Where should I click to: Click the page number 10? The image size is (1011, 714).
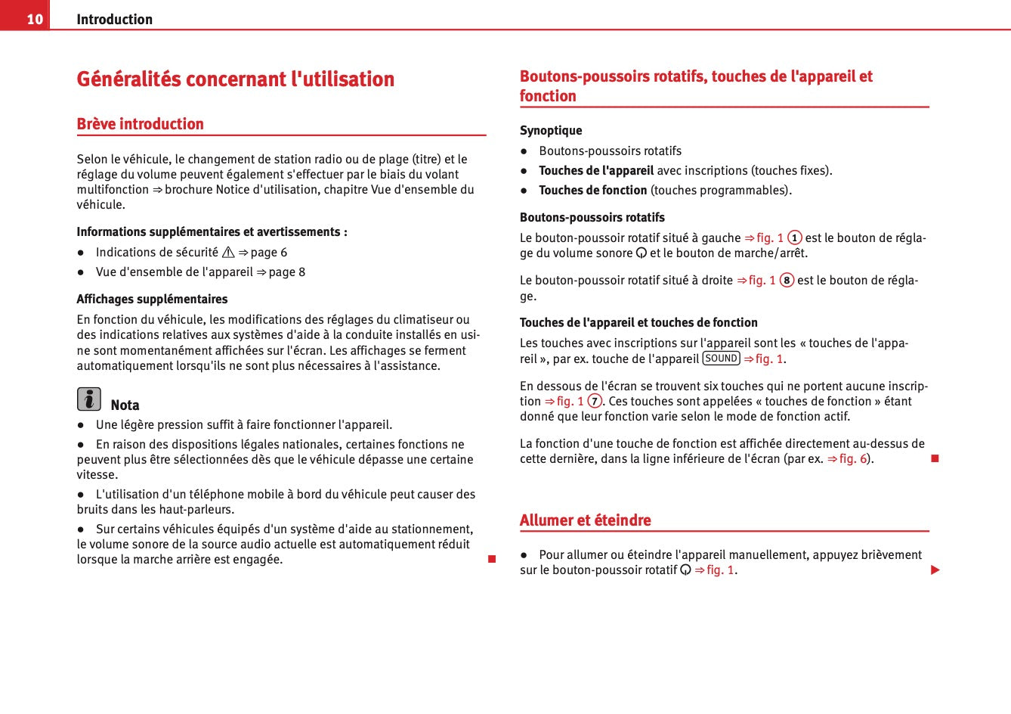pos(35,19)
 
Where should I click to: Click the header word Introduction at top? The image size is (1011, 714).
pos(114,19)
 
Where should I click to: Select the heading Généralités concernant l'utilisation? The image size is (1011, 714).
pos(235,79)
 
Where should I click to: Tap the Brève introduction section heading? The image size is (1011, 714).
pos(140,123)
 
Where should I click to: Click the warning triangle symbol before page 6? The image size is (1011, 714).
pos(228,253)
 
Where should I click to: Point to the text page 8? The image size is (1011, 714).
pos(287,272)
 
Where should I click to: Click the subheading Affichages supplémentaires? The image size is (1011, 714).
pos(152,299)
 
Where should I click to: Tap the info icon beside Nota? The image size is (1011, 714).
pos(88,399)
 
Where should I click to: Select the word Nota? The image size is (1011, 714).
pos(125,405)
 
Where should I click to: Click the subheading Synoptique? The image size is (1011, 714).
pos(551,130)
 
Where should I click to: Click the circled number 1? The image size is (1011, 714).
pos(795,238)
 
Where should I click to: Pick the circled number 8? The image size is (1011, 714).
pos(787,281)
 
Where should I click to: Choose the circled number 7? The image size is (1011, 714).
pos(595,402)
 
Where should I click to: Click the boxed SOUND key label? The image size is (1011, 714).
pos(721,359)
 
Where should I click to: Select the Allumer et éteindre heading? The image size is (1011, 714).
pos(585,520)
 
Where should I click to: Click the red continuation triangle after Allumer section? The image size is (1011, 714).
pos(935,570)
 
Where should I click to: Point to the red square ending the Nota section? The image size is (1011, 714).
pos(491,559)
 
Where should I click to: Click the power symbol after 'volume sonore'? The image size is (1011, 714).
pos(641,253)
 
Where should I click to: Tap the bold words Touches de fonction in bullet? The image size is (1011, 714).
pos(592,191)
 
